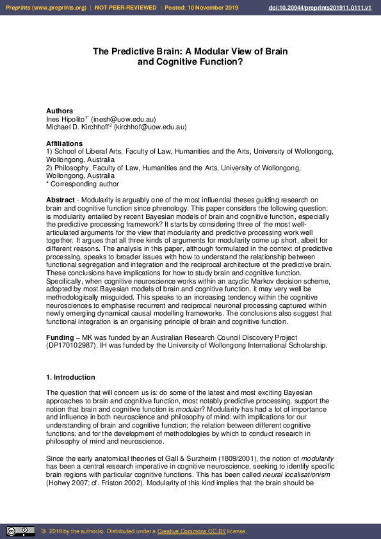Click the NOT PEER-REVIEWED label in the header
[x=126, y=8]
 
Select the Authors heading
[x=60, y=111]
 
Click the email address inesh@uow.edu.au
[x=123, y=119]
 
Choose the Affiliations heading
[x=64, y=143]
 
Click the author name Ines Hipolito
[x=66, y=119]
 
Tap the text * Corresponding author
[x=83, y=184]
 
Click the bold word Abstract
[x=60, y=200]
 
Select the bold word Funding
[x=60, y=337]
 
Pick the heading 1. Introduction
[x=70, y=378]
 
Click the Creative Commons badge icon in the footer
[x=20, y=531]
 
